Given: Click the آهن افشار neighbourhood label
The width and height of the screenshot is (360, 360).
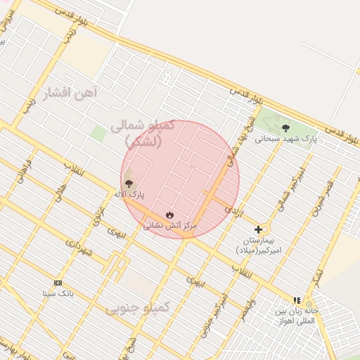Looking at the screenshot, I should (72, 92).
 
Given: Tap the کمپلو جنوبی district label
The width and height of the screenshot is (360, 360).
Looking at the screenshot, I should (138, 308).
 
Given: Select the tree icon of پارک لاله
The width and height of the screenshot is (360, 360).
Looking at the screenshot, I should (128, 183).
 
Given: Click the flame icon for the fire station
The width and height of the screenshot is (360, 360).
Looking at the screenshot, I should (169, 214).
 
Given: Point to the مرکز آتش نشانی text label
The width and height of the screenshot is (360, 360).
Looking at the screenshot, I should (170, 226).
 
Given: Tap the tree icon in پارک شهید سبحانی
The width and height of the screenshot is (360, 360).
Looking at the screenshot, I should (285, 127).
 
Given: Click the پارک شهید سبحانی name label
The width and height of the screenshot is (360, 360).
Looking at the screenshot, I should (286, 139).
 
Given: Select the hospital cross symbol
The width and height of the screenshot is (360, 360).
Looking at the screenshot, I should (259, 229).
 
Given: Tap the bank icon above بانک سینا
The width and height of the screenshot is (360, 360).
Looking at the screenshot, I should (58, 283).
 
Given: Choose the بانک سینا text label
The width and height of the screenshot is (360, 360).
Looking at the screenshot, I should (58, 293).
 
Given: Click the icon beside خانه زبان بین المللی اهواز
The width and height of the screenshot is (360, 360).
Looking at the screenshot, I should (297, 300).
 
